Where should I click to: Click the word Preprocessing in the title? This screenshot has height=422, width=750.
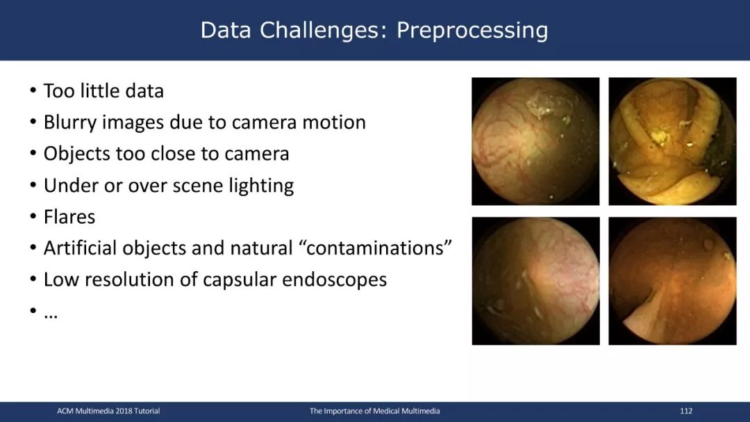472,31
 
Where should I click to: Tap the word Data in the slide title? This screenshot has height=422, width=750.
225,30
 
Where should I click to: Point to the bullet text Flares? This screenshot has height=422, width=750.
69,216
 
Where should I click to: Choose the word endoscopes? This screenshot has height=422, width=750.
334,280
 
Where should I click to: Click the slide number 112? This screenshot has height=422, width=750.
686,411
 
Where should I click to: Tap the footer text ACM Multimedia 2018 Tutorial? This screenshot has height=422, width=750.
108,411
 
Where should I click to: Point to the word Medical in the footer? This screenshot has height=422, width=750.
386,411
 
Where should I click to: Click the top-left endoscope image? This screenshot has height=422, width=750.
535,141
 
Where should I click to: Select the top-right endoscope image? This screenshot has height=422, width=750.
672,141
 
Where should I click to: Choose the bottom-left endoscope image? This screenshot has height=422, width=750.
535,281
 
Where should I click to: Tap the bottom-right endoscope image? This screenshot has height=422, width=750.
672,281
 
